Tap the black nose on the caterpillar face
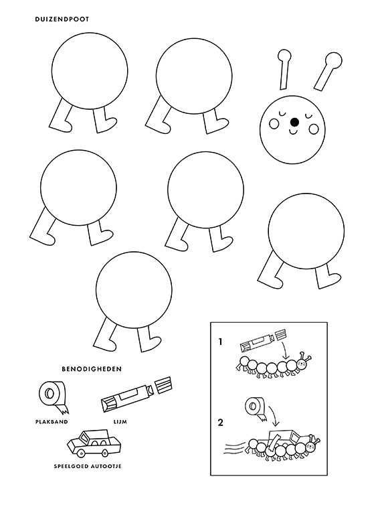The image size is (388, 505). coord(294,122)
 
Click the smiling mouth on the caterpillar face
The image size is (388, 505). coord(294,132)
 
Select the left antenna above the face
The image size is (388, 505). coord(284,66)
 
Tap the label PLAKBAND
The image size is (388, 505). coord(53,422)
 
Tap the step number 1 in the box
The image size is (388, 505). coord(219,341)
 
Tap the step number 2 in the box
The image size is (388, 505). coord(219,423)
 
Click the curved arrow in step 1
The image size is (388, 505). coord(286,349)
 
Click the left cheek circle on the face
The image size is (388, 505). coord(274,124)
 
